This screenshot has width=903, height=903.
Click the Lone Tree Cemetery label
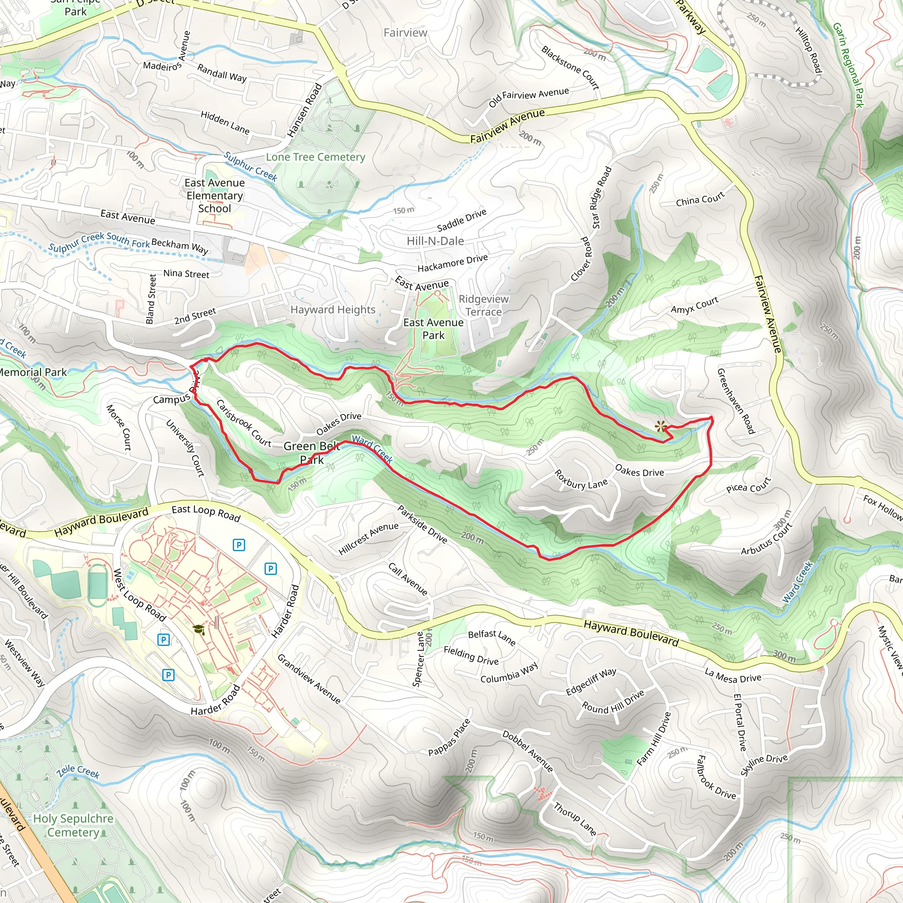click(x=316, y=157)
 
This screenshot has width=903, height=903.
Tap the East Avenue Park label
click(x=433, y=328)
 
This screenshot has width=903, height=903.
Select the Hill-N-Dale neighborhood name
click(x=435, y=241)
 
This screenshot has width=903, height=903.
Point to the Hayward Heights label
click(x=333, y=310)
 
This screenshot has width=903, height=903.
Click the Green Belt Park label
click(x=311, y=452)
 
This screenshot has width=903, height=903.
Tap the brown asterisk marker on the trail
click(x=660, y=426)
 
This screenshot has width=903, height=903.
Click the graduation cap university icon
click(x=199, y=629)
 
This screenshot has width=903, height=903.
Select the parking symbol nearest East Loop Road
click(x=239, y=545)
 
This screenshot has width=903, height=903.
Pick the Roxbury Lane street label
click(x=581, y=481)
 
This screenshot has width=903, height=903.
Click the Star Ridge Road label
click(x=601, y=198)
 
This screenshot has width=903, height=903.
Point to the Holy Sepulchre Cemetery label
click(x=73, y=825)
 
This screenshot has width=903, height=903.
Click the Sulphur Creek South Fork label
click(x=99, y=242)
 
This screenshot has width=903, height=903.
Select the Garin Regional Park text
click(x=848, y=65)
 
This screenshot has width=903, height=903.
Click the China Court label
click(x=700, y=199)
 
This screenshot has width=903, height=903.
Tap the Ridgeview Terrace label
click(x=483, y=305)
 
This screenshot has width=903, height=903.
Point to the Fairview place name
click(x=405, y=33)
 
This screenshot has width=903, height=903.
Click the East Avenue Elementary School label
click(x=215, y=195)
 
